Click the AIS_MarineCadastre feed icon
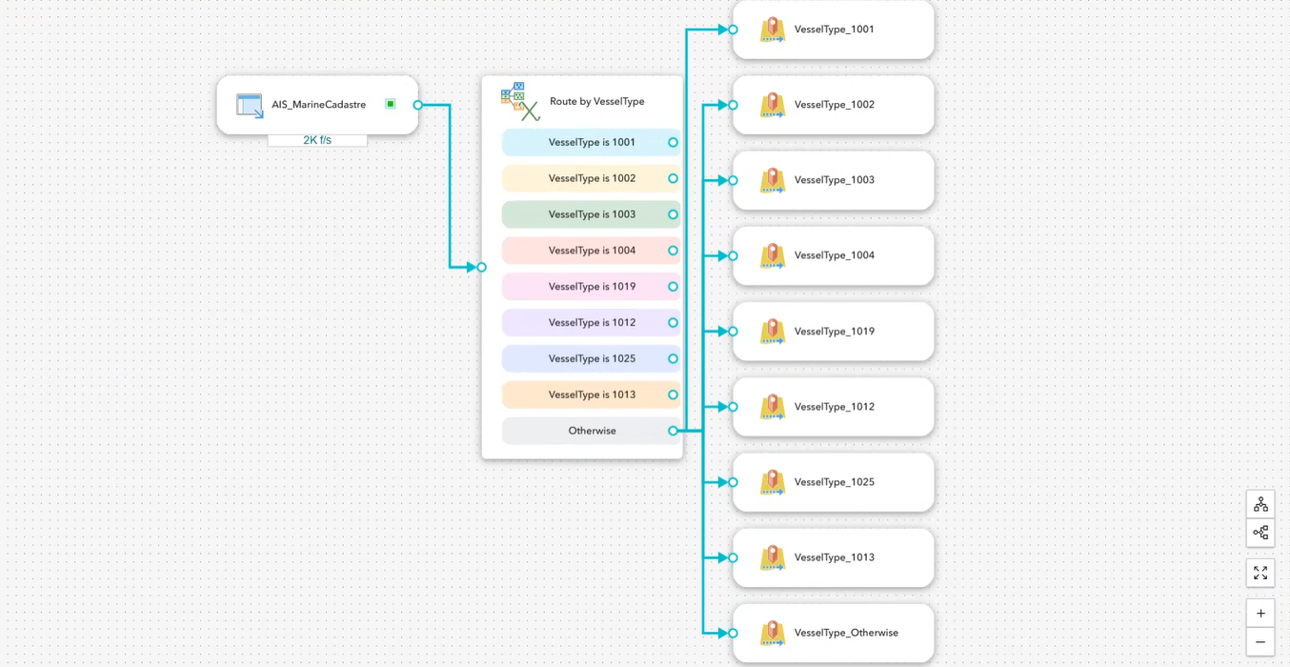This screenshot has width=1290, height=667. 250,105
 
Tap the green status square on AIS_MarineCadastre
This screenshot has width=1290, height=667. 391,104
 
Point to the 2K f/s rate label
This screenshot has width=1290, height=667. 317,140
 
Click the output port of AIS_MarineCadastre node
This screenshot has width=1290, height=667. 417,105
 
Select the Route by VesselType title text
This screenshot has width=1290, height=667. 596,101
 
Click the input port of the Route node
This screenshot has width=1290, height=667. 481,267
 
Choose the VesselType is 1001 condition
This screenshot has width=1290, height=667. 591,142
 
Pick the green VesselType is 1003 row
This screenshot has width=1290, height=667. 591,214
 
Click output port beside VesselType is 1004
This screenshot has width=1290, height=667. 673,251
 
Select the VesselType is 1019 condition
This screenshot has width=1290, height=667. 591,287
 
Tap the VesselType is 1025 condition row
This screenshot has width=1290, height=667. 591,358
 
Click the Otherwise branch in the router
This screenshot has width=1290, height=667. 591,431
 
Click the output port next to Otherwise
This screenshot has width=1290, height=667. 673,431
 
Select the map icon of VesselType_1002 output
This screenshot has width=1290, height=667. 772,105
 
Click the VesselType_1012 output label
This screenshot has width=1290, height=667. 834,407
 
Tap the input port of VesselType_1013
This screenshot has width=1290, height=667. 733,557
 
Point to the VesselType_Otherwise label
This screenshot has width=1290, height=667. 846,633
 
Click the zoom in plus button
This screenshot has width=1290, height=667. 1260,614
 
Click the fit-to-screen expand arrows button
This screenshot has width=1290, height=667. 1260,573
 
